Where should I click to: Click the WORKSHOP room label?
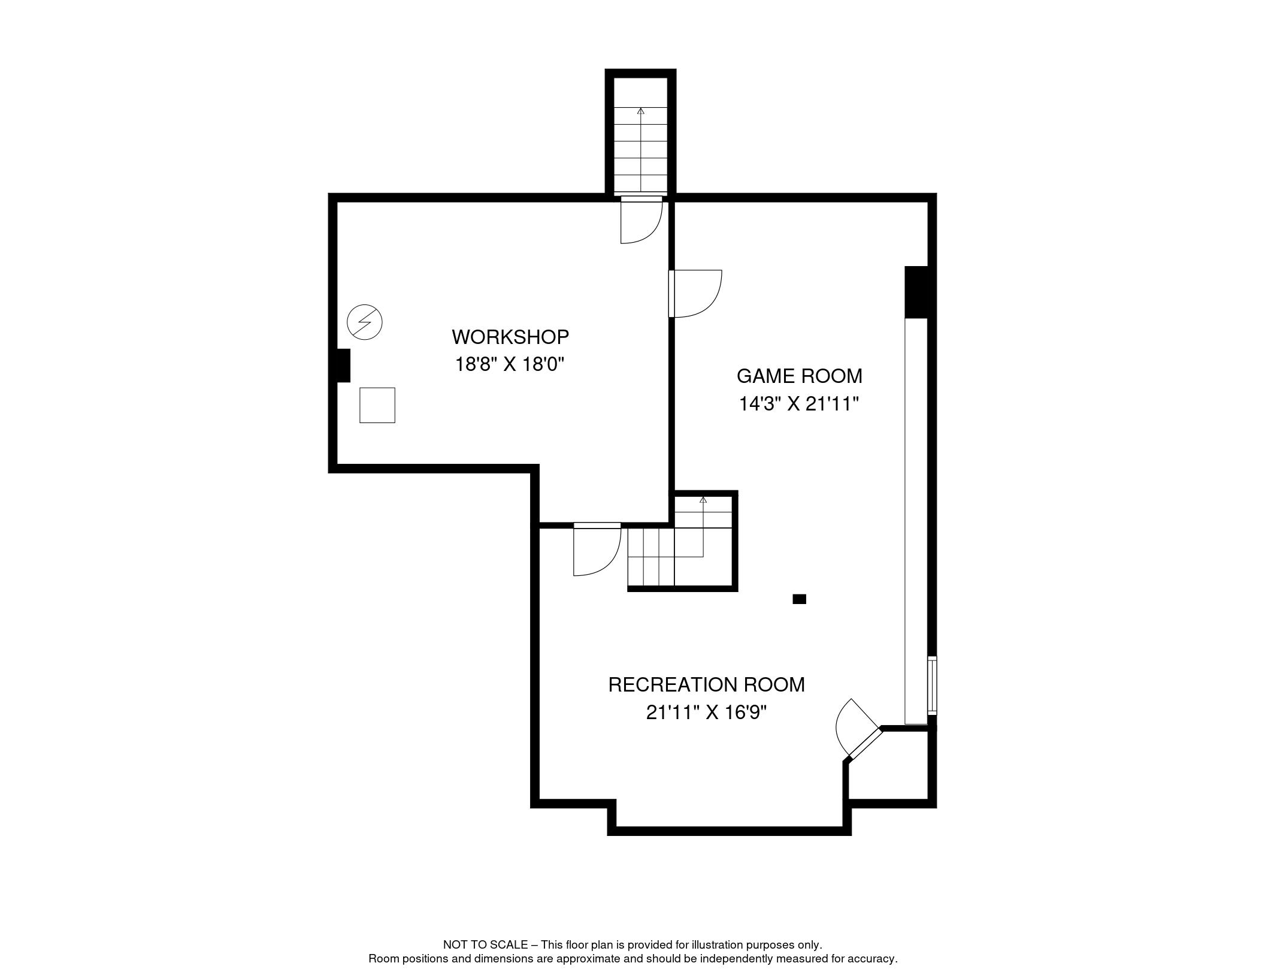point(510,337)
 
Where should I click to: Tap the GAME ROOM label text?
point(800,376)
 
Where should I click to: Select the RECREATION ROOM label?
point(707,684)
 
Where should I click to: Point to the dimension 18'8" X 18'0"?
point(510,364)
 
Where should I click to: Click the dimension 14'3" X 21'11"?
point(800,404)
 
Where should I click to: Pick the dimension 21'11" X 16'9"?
point(707,713)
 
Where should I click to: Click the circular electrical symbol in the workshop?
point(365,322)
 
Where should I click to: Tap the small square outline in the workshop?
point(377,405)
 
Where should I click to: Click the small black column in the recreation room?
point(799,599)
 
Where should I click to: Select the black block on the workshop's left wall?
point(343,366)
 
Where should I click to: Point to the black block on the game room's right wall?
point(916,292)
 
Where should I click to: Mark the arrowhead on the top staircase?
point(641,111)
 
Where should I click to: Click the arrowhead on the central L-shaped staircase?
point(703,500)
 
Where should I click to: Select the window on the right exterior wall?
point(932,686)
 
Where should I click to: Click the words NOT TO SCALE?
point(485,944)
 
